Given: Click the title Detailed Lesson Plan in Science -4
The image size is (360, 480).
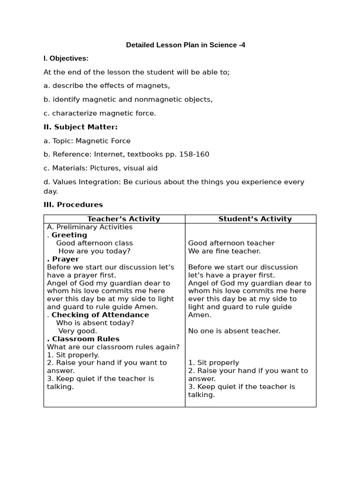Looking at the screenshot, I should coord(185,45).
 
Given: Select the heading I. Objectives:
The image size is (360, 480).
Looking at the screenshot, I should coord(66,59).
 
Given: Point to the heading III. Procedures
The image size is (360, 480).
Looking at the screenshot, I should coord(73,204).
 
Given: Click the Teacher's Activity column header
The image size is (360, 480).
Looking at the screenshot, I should coord(124,219).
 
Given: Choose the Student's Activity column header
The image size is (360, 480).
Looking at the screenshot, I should coord(255,219).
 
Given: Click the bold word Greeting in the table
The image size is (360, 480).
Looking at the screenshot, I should coord(69,235).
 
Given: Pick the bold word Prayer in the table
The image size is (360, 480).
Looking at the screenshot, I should coord(66,259).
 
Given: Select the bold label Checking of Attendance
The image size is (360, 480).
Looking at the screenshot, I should coord(100,315).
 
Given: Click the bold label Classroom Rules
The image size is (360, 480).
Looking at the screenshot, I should coord(86,338).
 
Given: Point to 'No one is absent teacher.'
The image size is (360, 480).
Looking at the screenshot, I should coord(234,331).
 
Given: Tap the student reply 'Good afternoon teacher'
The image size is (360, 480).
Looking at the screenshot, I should coord(231,243).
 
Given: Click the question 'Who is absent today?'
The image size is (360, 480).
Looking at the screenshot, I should coord(95,322).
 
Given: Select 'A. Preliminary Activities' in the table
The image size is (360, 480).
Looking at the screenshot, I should coord(90,227).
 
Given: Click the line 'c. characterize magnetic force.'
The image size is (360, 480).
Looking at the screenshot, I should coord(100,113).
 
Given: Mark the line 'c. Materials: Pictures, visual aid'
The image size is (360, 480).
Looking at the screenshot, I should coord(101,168).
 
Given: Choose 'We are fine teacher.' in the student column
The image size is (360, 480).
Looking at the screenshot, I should coord(224,251).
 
